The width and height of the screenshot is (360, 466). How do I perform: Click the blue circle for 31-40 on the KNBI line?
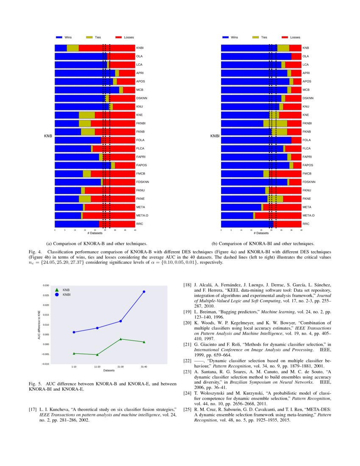tap(144, 291)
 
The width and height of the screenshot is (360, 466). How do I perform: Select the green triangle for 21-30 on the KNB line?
tap(121, 339)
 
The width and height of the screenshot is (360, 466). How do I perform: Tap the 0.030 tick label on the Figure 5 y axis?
tap(46, 286)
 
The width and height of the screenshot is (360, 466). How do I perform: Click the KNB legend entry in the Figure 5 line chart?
tap(66, 289)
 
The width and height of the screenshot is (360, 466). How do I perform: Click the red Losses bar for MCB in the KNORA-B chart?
tap(129, 90)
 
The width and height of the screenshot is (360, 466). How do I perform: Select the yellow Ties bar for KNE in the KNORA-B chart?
tap(87, 115)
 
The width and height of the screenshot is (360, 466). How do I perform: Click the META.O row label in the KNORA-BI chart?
tap(309, 215)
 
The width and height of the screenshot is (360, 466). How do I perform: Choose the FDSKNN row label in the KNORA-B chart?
tap(143, 182)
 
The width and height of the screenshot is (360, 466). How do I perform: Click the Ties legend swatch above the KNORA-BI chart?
tap(256, 38)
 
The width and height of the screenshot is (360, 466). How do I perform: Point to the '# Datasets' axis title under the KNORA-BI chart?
tap(261, 233)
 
